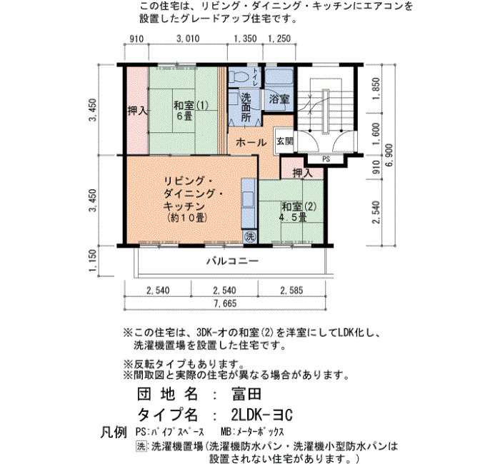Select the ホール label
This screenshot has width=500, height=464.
(251, 143)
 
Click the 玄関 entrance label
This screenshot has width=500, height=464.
(284, 141)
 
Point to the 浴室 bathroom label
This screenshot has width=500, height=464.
(279, 99)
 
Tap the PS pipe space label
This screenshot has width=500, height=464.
(326, 159)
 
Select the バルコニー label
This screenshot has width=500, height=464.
(232, 261)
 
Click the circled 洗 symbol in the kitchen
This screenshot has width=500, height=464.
(250, 236)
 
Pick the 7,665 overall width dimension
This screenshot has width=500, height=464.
(226, 303)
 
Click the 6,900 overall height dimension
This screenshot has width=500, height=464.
(389, 155)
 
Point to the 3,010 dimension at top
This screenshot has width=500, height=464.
(188, 39)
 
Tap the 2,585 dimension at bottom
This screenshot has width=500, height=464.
(291, 291)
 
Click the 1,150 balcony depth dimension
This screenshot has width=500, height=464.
(93, 261)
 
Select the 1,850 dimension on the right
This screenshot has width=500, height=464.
(376, 89)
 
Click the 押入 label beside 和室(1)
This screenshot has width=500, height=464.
(137, 111)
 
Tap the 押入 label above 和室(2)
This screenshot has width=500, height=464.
(303, 173)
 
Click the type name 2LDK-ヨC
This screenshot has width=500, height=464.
(261, 415)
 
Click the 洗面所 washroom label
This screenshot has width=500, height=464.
(246, 107)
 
